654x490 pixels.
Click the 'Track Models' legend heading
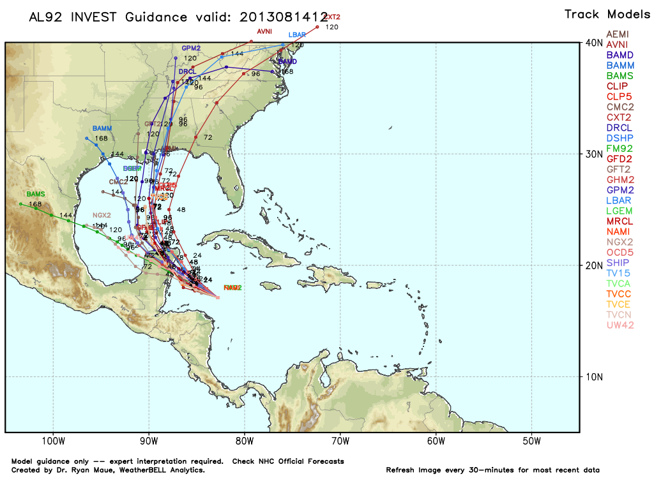pos(600,14)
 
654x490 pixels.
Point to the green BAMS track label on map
pos(35,194)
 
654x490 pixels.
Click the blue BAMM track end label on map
pos(102,128)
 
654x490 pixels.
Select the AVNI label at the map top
pos(264,31)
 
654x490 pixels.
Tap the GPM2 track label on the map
pos(191,48)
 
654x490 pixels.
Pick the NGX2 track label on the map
pos(102,215)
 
